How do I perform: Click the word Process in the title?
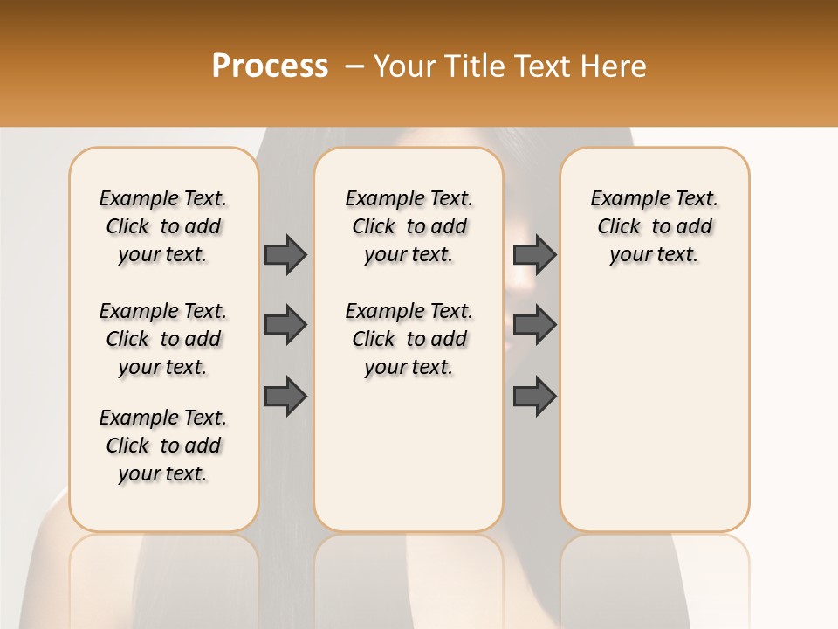(270, 66)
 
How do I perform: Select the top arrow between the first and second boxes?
(285, 254)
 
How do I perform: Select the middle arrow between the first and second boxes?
(285, 325)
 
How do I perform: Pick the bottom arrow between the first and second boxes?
(285, 397)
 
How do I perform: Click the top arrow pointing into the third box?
(534, 254)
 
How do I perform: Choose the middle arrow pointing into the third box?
(534, 325)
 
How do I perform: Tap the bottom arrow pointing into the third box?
(534, 397)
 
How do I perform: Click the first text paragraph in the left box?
(163, 226)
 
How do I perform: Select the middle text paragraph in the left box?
(163, 339)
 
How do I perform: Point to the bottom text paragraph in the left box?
(163, 446)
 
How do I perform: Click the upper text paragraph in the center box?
(409, 226)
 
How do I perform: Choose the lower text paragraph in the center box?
(409, 339)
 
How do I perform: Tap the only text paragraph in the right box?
(654, 226)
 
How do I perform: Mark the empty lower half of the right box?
(654, 419)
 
